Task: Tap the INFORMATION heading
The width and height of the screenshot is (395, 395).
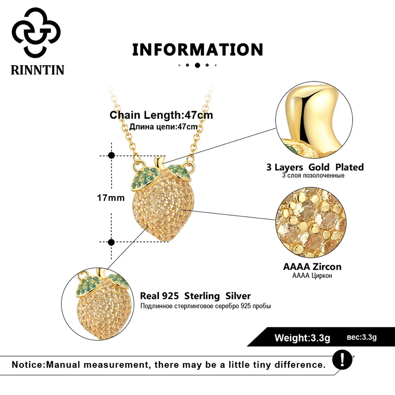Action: point(197,49)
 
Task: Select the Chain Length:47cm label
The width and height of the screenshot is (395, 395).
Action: point(161,116)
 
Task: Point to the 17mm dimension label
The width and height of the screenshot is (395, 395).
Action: point(111,198)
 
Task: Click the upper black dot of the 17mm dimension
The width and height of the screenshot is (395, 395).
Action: point(111,155)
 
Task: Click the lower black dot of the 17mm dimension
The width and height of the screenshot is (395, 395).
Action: point(111,242)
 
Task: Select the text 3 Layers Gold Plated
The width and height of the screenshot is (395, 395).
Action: point(315,167)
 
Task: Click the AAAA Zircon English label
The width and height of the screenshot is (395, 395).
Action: point(312,267)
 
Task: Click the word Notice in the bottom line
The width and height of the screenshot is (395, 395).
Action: point(27,365)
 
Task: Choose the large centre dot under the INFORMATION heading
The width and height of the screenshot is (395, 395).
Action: point(197,65)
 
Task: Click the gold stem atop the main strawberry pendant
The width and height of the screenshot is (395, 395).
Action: point(158,162)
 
